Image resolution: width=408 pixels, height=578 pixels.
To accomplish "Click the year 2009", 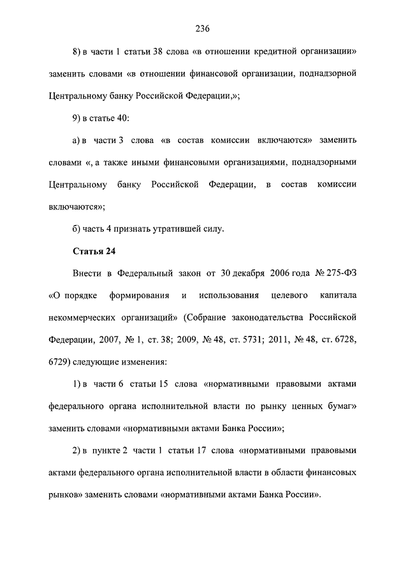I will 178,340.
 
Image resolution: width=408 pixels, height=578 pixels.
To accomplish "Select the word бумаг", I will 341,406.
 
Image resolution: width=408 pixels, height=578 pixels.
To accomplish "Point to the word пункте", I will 105,450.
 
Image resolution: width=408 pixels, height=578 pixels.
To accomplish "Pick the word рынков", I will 62,495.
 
